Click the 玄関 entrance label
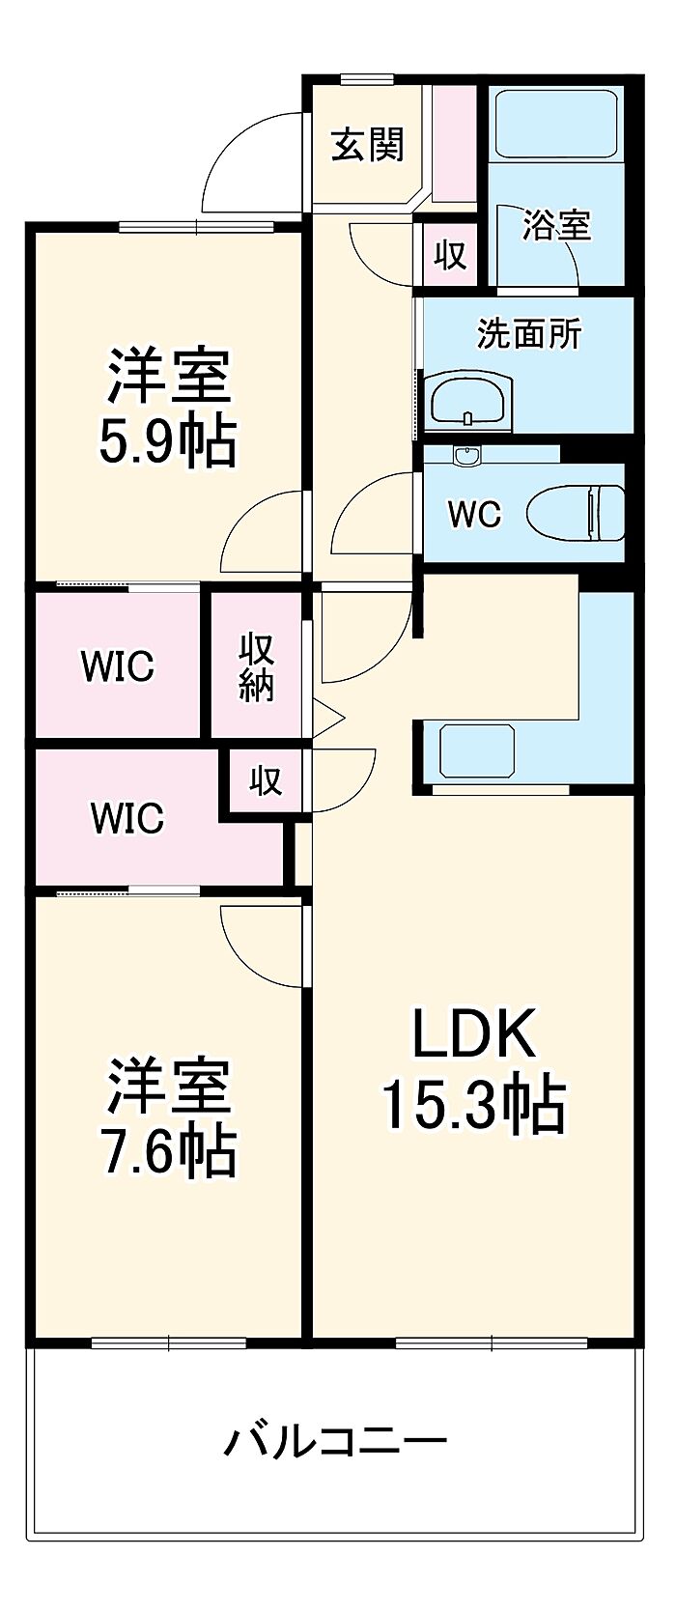click(367, 145)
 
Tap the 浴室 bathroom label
click(556, 225)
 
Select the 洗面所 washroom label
click(529, 334)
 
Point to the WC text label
click(474, 514)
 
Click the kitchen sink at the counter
click(477, 750)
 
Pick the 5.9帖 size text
click(168, 443)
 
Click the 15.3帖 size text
click(473, 1105)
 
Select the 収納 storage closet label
click(257, 665)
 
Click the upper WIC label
click(117, 665)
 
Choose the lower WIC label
click(127, 817)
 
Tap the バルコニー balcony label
click(335, 1441)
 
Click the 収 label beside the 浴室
click(450, 255)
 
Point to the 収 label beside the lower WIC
click(266, 780)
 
